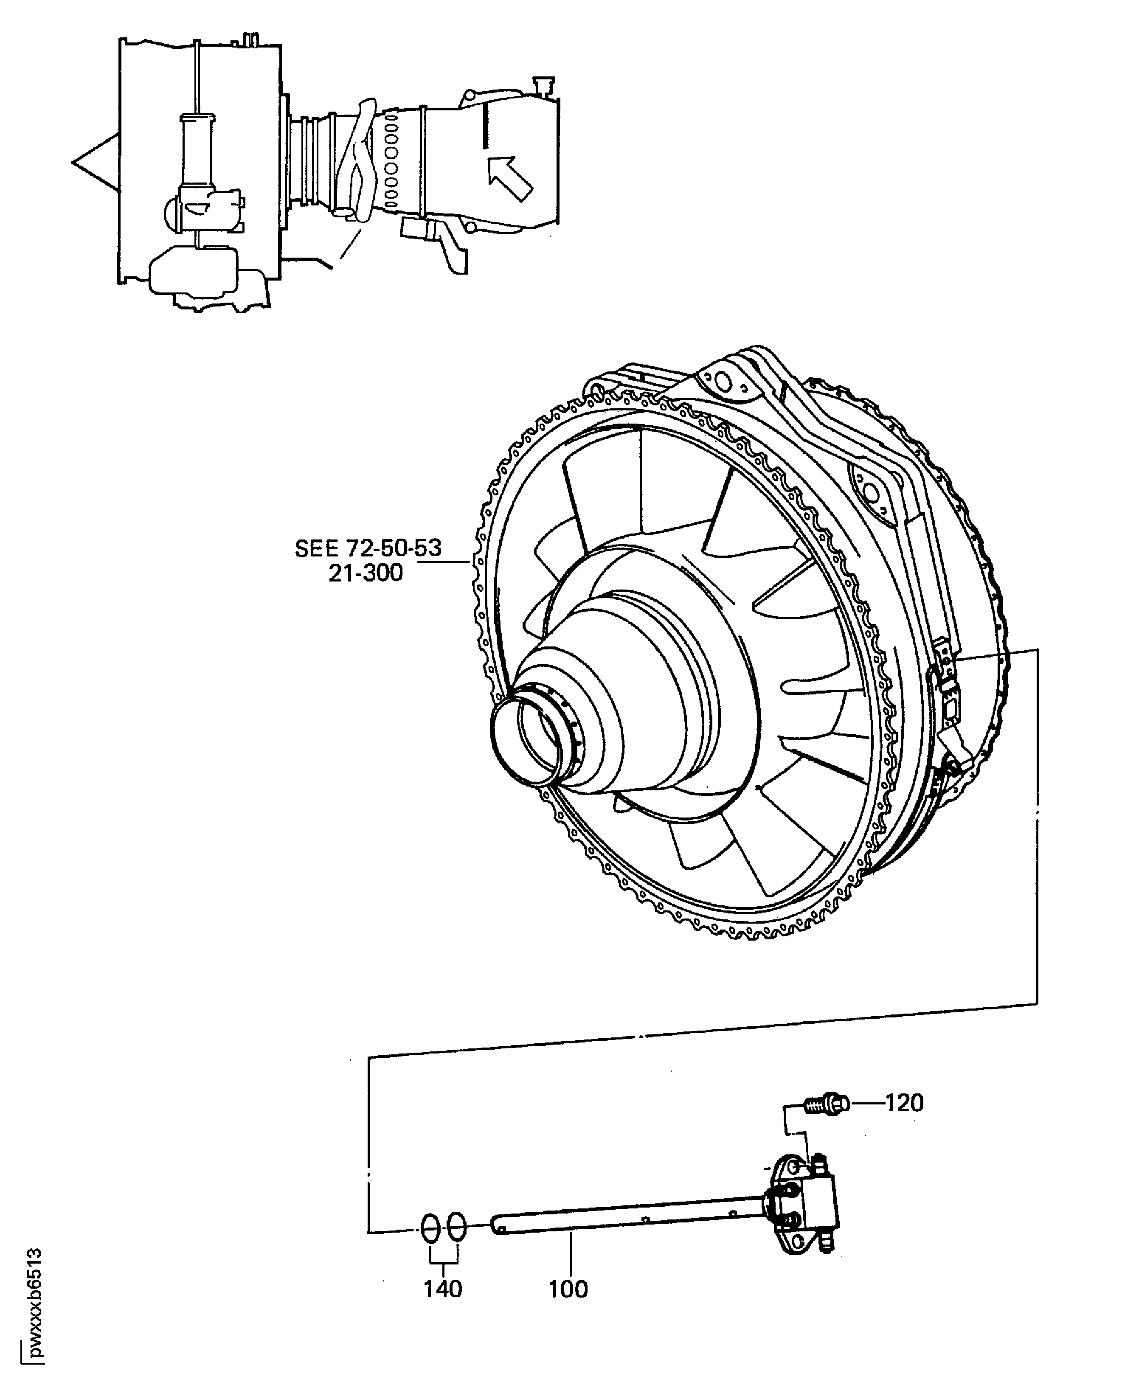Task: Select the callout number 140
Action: (x=443, y=1289)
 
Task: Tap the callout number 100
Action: (x=568, y=1289)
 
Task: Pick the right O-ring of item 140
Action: (x=456, y=1226)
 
